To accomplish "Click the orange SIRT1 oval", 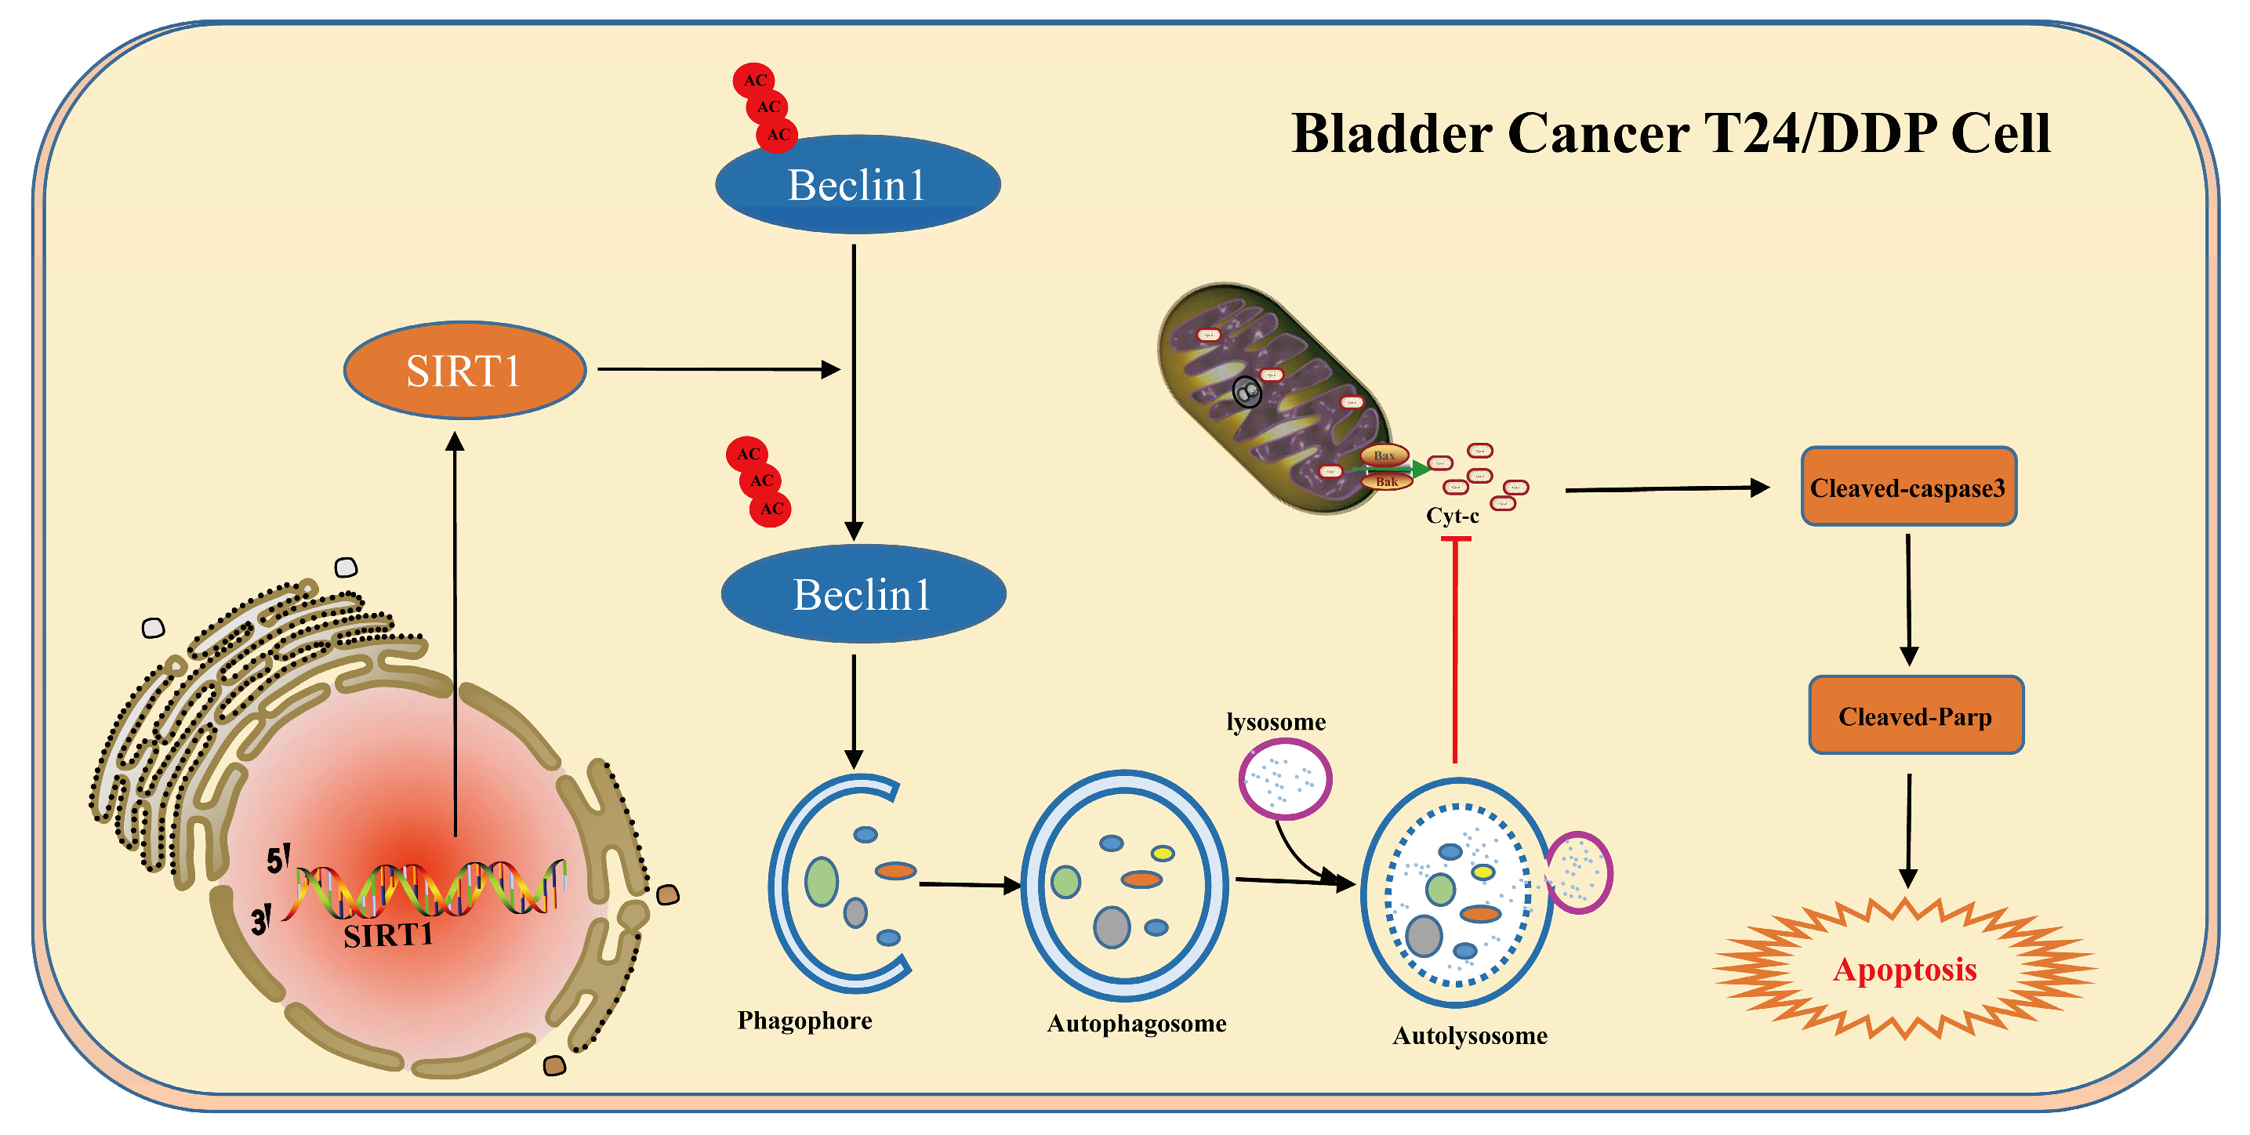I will pyautogui.click(x=464, y=370).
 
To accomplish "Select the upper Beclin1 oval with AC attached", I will pyautogui.click(x=857, y=185).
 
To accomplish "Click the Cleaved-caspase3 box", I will pyautogui.click(x=1907, y=488).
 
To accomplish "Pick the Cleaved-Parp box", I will pyautogui.click(x=1914, y=716).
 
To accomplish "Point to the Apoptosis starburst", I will pyautogui.click(x=1904, y=969).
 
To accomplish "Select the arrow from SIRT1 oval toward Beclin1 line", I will pyautogui.click(x=717, y=369).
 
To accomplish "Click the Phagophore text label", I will pyautogui.click(x=804, y=1020).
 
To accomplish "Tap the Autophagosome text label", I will pyautogui.click(x=1135, y=1022).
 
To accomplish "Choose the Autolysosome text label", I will pyautogui.click(x=1469, y=1035).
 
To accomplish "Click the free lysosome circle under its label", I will pyautogui.click(x=1284, y=779).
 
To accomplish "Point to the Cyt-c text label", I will pyautogui.click(x=1452, y=515).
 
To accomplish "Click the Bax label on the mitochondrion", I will pyautogui.click(x=1384, y=455).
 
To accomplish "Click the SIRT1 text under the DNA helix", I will pyautogui.click(x=388, y=936).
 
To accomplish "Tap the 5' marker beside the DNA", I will pyautogui.click(x=278, y=860).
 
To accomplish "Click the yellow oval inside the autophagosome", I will pyautogui.click(x=1162, y=853).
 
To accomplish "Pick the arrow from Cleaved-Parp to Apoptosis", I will pyautogui.click(x=1908, y=829).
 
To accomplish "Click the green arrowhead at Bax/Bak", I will pyautogui.click(x=1421, y=470).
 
